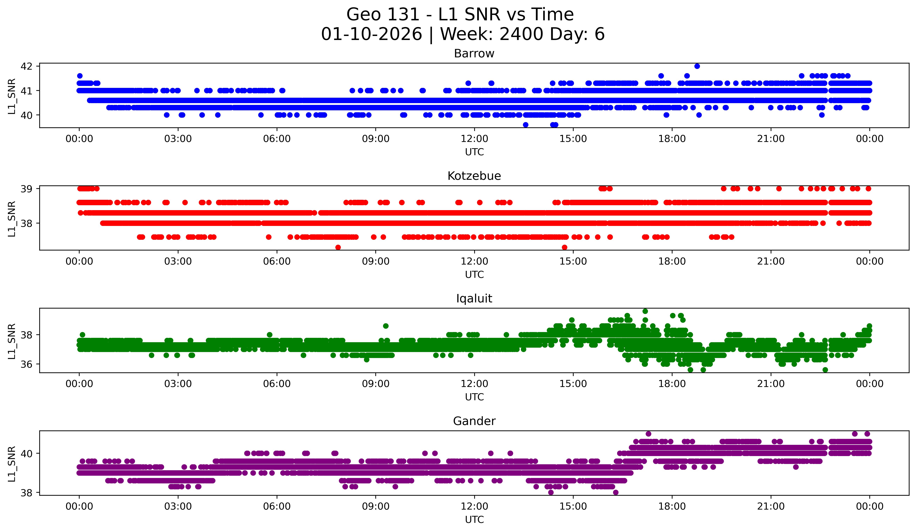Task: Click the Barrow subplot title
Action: click(474, 53)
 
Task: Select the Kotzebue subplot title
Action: click(474, 176)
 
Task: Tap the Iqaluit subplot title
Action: click(474, 299)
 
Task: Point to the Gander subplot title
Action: click(474, 421)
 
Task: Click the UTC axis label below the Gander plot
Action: click(474, 520)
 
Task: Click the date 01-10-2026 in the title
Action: click(371, 34)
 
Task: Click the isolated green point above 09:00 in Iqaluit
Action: click(386, 326)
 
